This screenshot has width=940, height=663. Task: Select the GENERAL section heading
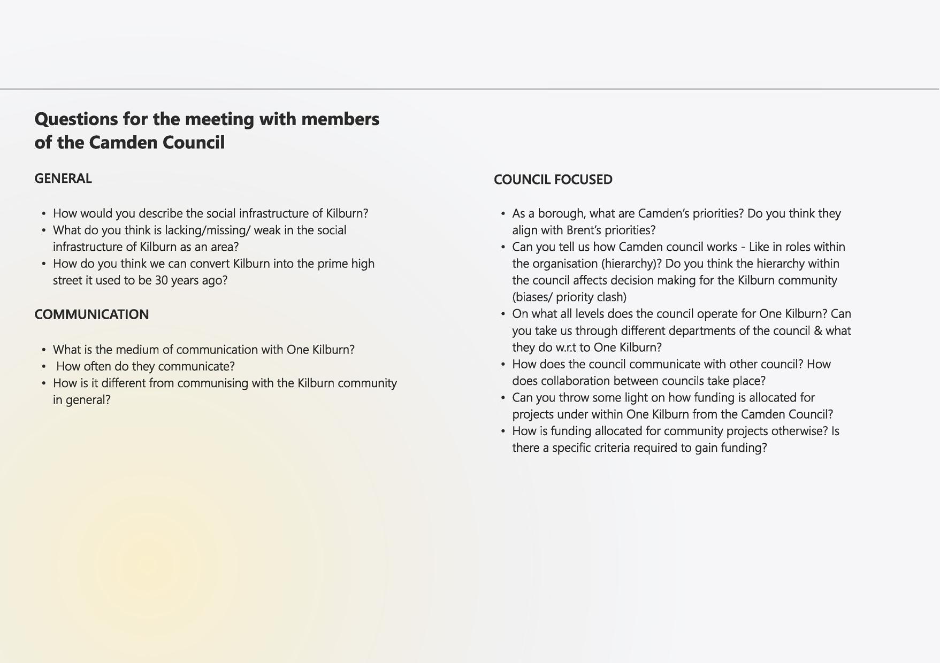point(63,179)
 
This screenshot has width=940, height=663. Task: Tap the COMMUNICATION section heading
point(91,314)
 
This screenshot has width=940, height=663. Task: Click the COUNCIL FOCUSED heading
point(553,180)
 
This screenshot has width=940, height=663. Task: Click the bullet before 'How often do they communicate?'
point(44,367)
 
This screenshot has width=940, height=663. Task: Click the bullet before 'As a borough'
point(503,214)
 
